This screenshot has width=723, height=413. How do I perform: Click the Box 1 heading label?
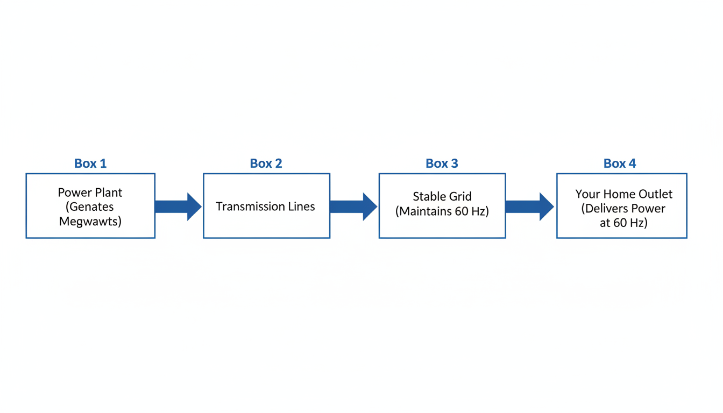[x=90, y=163]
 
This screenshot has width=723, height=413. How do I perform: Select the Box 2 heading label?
[x=266, y=163]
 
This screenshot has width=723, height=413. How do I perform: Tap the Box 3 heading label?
[x=442, y=163]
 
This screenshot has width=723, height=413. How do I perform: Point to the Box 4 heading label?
[x=620, y=163]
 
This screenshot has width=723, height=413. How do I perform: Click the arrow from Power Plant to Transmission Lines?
[x=178, y=206]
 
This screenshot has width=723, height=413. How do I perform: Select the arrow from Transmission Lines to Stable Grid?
[x=353, y=206]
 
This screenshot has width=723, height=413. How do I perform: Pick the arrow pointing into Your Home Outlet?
[x=529, y=206]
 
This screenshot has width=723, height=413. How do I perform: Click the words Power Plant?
[x=90, y=193]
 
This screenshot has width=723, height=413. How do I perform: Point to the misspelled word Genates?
[x=91, y=207]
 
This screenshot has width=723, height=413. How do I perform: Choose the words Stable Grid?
[x=442, y=197]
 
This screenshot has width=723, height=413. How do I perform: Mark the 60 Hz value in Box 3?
[x=470, y=211]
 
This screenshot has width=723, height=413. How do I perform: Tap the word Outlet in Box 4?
[x=654, y=194]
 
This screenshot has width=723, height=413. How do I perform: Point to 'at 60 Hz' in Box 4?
[x=623, y=223]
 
